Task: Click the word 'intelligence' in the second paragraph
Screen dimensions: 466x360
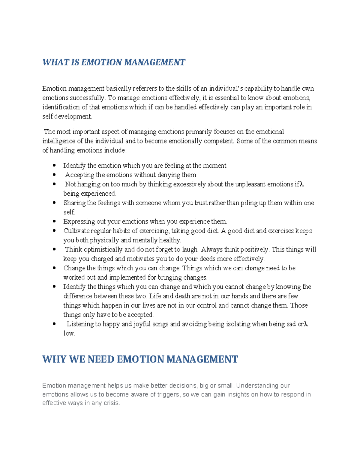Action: (59, 141)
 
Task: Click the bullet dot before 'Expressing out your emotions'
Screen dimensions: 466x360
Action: (54, 221)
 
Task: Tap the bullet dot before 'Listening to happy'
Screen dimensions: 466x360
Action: (54, 324)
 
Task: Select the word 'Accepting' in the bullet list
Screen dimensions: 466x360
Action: (79, 175)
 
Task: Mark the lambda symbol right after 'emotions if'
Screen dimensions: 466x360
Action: (302, 184)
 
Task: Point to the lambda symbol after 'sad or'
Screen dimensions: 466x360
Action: (306, 324)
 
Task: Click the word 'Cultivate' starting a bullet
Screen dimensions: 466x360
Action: (76, 231)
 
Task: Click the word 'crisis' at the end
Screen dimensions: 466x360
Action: (112, 403)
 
